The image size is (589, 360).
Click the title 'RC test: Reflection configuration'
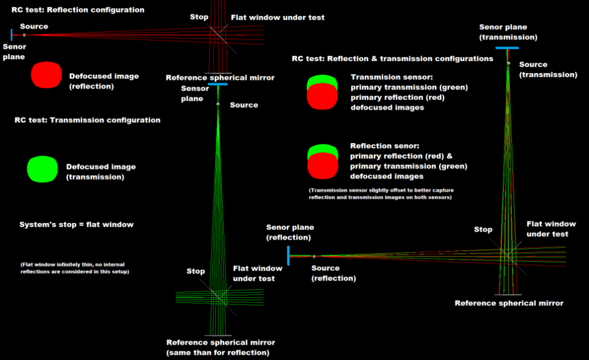click(78, 10)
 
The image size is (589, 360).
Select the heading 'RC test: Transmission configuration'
click(89, 120)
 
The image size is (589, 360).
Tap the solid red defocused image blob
click(46, 75)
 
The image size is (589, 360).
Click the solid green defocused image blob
click(43, 170)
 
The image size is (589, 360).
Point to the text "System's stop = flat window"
click(77, 224)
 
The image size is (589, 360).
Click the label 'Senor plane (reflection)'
click(290, 232)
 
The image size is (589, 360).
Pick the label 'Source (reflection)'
click(334, 273)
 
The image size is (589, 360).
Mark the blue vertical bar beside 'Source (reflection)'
click(288, 256)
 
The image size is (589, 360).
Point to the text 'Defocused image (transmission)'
click(101, 171)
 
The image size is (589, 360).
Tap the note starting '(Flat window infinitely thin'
click(75, 268)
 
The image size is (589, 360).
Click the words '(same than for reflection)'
click(217, 352)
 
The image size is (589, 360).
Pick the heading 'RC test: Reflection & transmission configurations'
click(392, 59)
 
